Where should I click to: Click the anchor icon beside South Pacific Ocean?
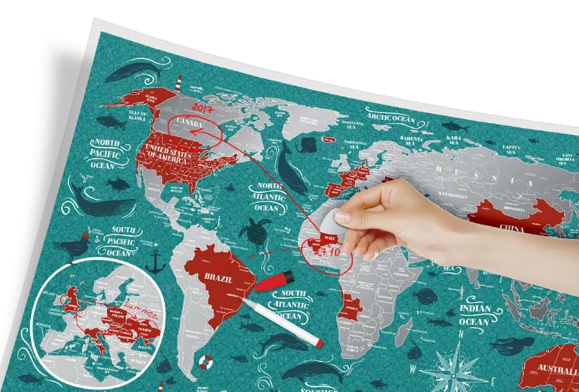[x=154, y=261]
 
